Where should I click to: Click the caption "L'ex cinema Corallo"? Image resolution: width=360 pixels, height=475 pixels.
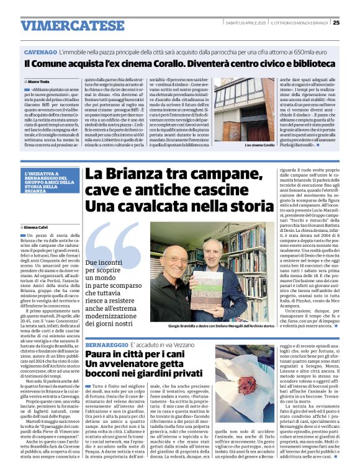tap(259, 144)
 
